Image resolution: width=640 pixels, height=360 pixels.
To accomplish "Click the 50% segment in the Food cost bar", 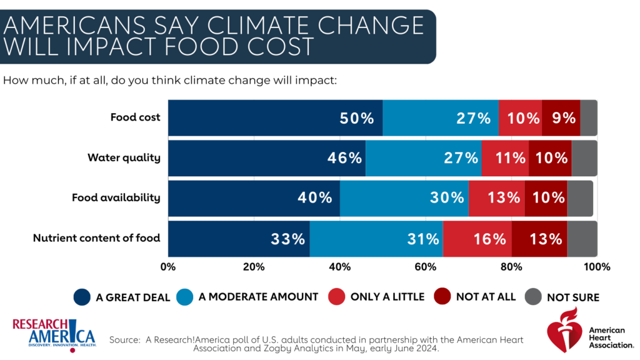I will tap(275, 117).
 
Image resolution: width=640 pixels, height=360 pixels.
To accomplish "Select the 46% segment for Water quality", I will tap(267, 157).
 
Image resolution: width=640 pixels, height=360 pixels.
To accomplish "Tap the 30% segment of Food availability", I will tap(404, 197).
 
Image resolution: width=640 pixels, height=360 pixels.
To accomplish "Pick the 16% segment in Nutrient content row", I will tap(477, 238).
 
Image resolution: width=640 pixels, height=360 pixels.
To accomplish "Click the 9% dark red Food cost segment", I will tap(561, 117).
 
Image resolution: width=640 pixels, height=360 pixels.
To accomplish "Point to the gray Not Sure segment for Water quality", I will tap(584, 157).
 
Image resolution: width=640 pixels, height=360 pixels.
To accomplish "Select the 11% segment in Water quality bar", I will tap(505, 157).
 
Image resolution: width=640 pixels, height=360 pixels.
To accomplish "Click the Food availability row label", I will tap(116, 197).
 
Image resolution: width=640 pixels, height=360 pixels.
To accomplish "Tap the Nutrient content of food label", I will tap(96, 237).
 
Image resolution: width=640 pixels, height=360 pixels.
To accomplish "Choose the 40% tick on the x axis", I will tap(339, 267).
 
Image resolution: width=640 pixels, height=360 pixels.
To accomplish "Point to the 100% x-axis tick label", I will tap(596, 267).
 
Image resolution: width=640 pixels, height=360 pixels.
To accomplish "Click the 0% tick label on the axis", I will tap(168, 267).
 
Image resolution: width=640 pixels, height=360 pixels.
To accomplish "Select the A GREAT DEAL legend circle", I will tap(82, 297).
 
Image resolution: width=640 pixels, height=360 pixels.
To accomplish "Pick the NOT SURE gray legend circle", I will tap(533, 297).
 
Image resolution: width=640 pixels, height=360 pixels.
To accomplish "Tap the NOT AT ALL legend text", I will tap(486, 297).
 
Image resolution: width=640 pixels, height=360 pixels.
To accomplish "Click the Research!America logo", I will tap(52, 334).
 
